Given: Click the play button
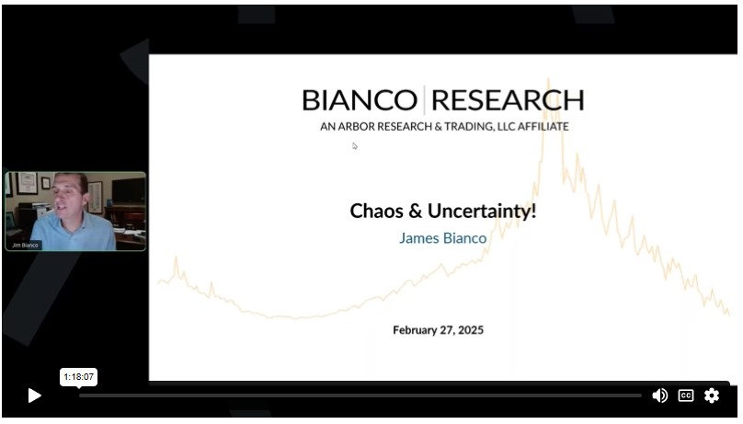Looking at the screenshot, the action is click(34, 395).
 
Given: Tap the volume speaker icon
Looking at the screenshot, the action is click(659, 395).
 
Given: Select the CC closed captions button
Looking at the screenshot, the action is click(686, 395).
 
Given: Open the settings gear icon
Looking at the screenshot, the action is click(711, 395).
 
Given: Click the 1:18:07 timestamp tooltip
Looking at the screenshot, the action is click(79, 377).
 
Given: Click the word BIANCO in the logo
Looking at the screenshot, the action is click(360, 100).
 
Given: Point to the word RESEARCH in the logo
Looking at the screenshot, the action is click(508, 100).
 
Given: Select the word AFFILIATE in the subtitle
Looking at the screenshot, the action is click(543, 127).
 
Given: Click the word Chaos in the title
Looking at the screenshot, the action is click(376, 212).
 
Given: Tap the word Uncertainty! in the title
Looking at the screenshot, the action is click(482, 212).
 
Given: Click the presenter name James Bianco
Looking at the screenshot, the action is click(442, 238).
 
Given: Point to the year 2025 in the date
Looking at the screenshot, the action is click(471, 330).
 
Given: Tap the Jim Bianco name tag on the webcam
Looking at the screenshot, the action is click(25, 246).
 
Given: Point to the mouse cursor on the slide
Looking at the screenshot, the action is click(355, 146).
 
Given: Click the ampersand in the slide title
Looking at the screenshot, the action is click(415, 212).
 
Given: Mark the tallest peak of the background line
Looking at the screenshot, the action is click(549, 79).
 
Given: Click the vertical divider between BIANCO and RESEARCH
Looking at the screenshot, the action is click(424, 100).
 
